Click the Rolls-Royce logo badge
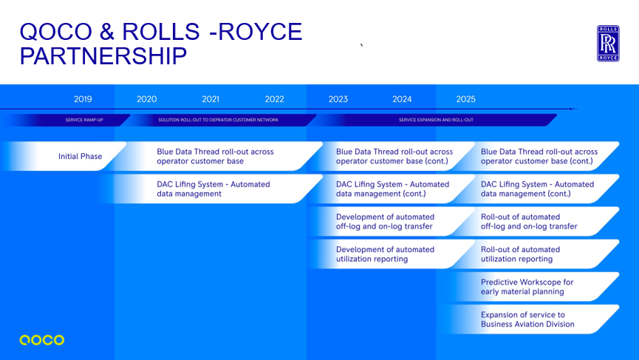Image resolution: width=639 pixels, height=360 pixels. coord(608,43)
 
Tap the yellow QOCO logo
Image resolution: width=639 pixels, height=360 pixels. coord(42,340)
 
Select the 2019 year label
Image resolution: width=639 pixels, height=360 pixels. coord(83,99)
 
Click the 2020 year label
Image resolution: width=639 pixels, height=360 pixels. coord(146,99)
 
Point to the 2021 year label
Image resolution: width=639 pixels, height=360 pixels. coord(211,99)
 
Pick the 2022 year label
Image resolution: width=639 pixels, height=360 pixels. coord(274,99)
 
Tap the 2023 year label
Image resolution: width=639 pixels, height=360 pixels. coord(338,99)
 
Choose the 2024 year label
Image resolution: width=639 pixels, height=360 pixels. coord(402,99)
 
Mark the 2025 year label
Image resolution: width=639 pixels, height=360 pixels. coord(465,99)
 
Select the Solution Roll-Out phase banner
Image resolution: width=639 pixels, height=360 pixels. coord(219,120)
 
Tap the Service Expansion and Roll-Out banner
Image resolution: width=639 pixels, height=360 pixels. coord(436,120)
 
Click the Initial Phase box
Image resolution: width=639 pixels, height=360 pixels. coord(80,157)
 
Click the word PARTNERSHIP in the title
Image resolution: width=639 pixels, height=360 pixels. coord(103,56)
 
